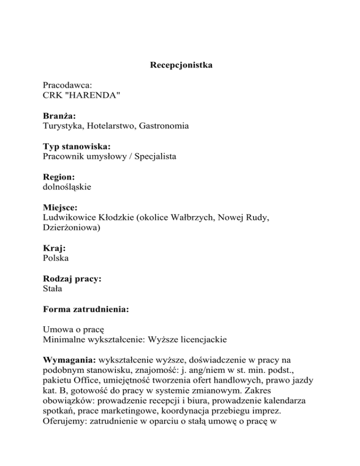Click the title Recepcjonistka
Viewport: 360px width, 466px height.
pyautogui.click(x=181, y=65)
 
